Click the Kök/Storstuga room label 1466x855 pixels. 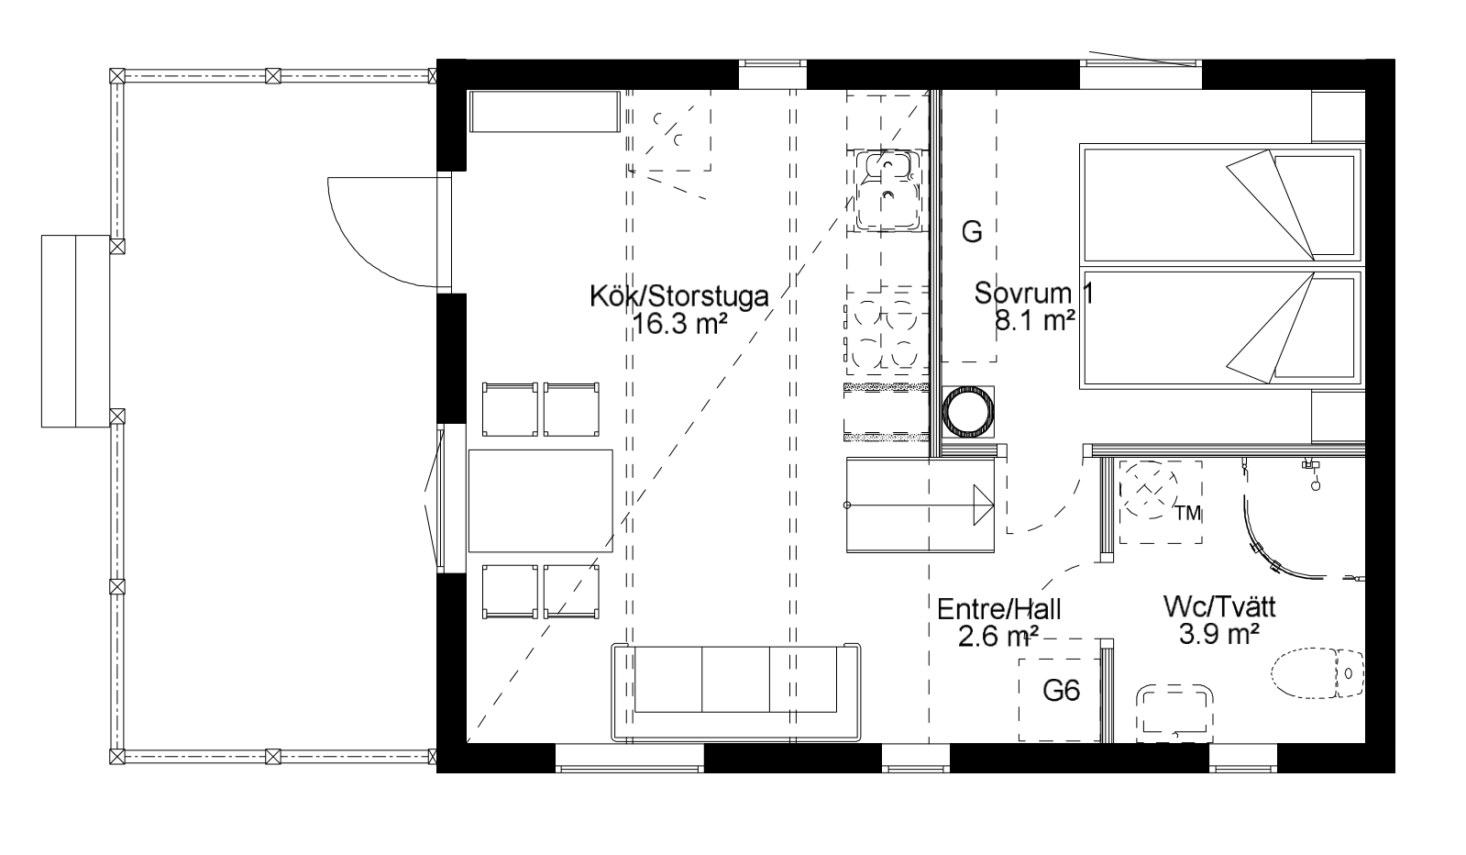[678, 296]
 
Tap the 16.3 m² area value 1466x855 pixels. [680, 324]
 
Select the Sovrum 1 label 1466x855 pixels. [1033, 293]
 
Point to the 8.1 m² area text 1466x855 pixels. [1035, 320]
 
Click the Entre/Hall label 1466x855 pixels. [999, 609]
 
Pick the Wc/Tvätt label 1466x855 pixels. [1219, 607]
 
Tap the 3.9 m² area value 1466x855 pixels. [1219, 634]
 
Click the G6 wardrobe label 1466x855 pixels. [1061, 691]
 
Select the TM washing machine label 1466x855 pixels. [1188, 514]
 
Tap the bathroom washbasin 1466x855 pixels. [1174, 713]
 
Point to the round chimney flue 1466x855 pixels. [968, 412]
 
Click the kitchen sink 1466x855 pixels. [887, 190]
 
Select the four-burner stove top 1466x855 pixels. [887, 335]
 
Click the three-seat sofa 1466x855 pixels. [735, 692]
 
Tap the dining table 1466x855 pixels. [541, 501]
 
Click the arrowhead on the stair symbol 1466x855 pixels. [984, 505]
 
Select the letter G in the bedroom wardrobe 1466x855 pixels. [972, 232]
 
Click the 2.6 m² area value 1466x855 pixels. [998, 637]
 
